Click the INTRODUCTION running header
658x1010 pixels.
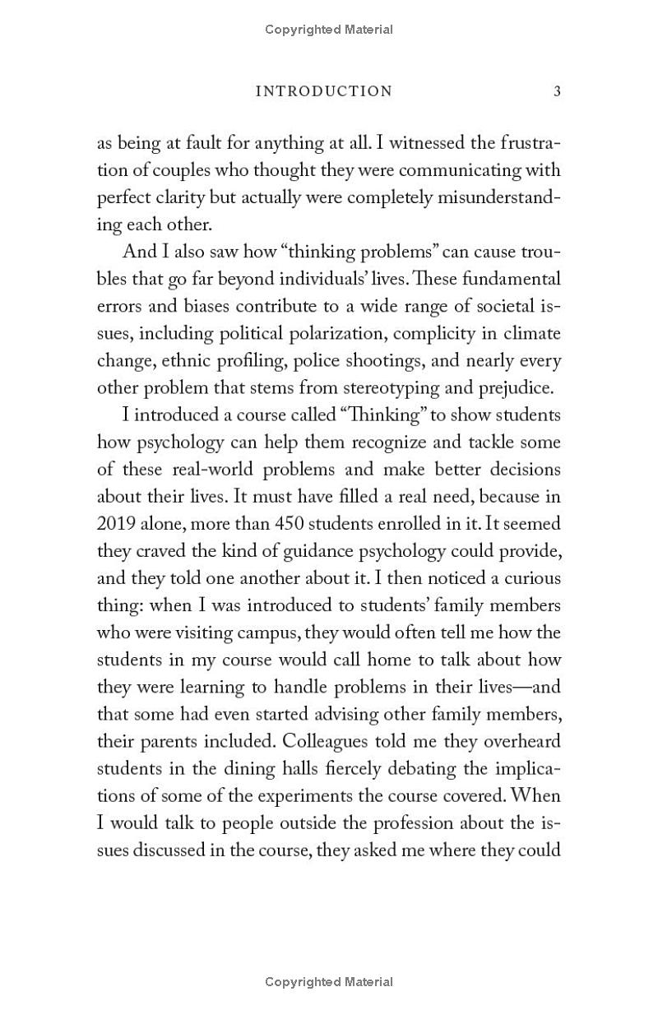(x=324, y=91)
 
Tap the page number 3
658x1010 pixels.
(x=557, y=91)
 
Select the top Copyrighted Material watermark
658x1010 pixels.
(x=329, y=30)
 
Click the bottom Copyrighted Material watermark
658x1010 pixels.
(x=329, y=982)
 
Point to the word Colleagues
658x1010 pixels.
(x=328, y=741)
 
